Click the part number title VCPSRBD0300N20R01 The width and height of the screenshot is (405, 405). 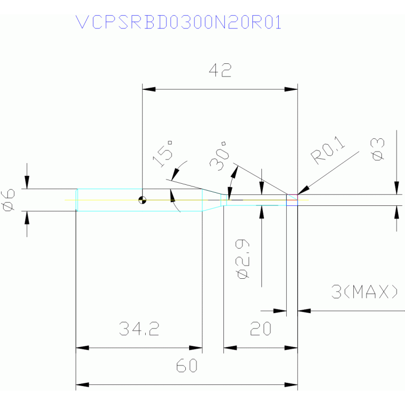pos(178,22)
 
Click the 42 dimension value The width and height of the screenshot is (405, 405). pos(220,70)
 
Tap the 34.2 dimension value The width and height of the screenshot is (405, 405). pos(139,328)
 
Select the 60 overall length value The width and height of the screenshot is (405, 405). pos(187,365)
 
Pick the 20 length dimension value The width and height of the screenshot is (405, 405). pos(261,328)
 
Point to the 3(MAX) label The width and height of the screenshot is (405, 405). pos(364,291)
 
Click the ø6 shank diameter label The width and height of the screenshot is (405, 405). pos(8,200)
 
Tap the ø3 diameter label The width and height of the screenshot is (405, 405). pos(378,149)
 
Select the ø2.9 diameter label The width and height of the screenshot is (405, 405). pos(242,259)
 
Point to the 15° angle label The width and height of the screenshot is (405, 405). pos(163,154)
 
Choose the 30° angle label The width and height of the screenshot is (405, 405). pos(219,156)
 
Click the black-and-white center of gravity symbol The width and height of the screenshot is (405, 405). pos(143,200)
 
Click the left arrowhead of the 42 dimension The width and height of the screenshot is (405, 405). pos(149,89)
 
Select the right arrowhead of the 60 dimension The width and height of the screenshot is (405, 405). pos(291,384)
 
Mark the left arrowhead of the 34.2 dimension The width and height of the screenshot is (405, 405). pos(82,347)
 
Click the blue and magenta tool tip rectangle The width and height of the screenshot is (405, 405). pos(292,200)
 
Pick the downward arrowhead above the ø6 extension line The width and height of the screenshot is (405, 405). pos(27,182)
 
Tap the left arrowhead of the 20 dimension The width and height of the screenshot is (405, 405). pos(230,347)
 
